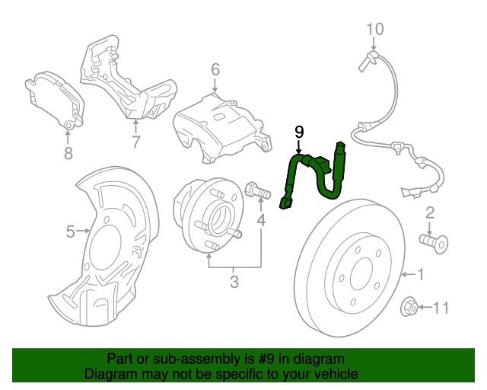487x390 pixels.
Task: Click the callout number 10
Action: point(375,30)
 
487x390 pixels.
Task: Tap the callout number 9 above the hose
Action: point(299,133)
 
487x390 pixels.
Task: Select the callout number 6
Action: point(215,70)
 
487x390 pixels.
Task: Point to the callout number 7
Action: point(135,142)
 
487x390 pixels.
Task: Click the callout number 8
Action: point(67,155)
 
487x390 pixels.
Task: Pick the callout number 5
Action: point(70,232)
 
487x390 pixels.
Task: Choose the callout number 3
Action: point(234,283)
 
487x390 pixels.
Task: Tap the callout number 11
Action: point(441,308)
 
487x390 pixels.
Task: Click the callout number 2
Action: point(430,212)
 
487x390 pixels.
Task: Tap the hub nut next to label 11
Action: point(409,307)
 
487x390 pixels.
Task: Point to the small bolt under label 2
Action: point(433,242)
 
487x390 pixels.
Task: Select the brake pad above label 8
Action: point(56,100)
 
